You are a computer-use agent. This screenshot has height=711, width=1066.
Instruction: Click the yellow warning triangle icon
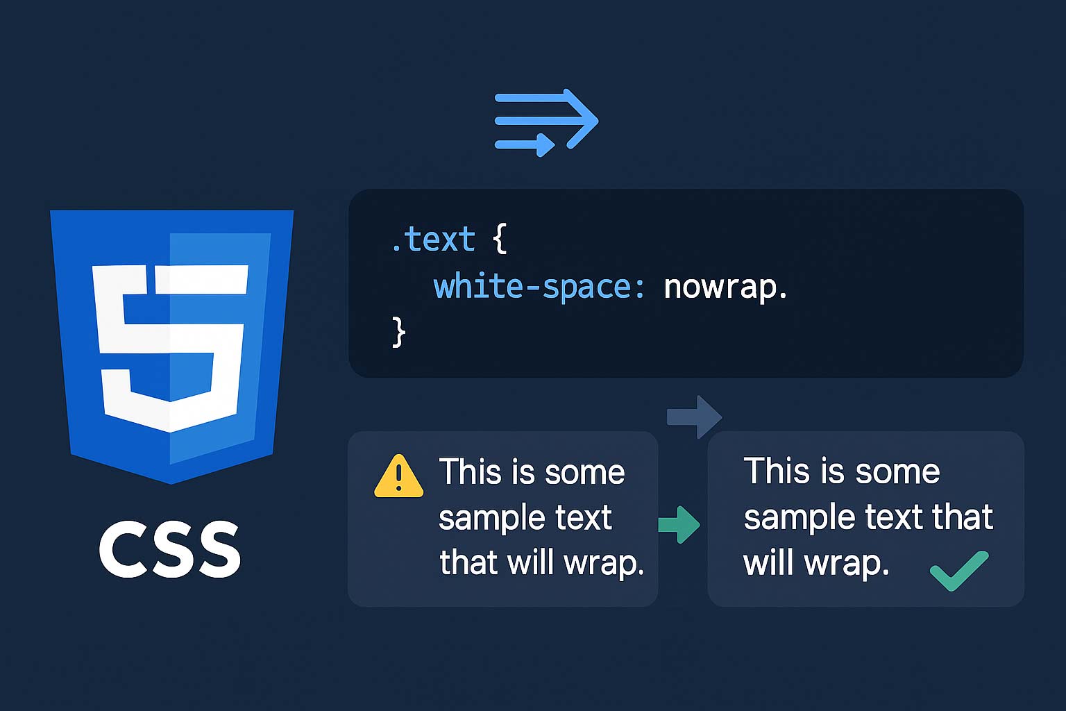(399, 477)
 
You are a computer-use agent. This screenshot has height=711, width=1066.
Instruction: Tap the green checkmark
(958, 571)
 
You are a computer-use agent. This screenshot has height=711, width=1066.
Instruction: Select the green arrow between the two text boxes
(679, 524)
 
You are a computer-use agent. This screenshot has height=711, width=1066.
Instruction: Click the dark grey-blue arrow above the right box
(694, 417)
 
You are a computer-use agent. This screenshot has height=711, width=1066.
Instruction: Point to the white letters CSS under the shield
(170, 549)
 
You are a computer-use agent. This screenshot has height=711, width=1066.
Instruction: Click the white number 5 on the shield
(170, 348)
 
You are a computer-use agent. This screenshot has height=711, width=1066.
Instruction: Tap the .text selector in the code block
(433, 239)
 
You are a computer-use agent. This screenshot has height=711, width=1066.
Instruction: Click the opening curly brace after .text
(499, 238)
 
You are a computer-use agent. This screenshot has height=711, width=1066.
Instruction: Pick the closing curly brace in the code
(399, 332)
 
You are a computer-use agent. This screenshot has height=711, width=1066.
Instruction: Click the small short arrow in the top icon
(525, 144)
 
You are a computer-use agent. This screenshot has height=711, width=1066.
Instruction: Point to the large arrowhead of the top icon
(581, 119)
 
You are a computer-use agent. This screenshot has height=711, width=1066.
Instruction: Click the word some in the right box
(897, 472)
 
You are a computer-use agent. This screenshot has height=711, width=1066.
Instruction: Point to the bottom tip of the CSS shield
(171, 484)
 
